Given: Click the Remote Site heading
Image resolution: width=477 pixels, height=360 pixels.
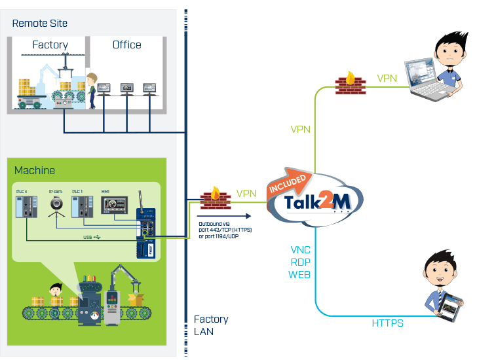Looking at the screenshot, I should click(40, 24).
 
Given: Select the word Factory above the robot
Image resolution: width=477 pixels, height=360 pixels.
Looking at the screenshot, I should click(50, 45).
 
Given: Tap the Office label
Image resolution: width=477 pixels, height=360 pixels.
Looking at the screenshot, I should click(126, 45).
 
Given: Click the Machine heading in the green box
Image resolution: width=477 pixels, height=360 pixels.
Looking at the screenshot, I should click(35, 170).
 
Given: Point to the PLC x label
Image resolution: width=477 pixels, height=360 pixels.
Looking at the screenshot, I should click(22, 190).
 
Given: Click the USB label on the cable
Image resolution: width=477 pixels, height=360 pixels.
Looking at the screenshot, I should click(88, 238).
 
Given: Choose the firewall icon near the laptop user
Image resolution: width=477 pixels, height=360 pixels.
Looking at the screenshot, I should click(349, 83).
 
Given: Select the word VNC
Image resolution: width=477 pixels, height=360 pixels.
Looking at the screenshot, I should click(300, 250).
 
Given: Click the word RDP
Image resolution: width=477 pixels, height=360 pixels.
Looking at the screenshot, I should click(300, 262).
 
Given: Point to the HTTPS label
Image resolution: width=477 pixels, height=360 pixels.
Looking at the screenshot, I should click(387, 323).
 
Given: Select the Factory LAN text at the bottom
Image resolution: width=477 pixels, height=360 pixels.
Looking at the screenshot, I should click(211, 325).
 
